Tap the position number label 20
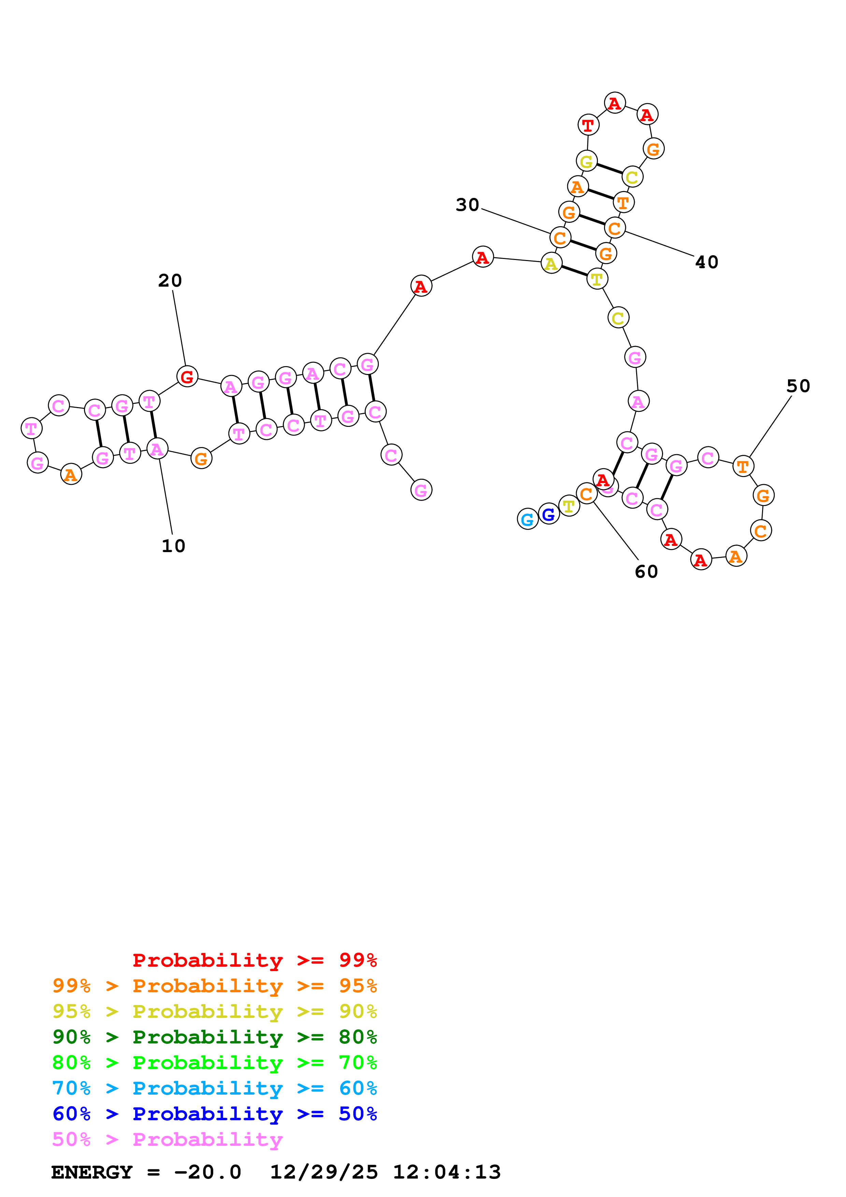170,280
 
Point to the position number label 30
467,205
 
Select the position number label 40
706,262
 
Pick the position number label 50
798,386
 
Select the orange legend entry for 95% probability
214,985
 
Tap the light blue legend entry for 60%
214,1088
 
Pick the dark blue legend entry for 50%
214,1114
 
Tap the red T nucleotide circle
588,125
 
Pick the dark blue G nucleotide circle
548,514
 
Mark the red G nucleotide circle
187,376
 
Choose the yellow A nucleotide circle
551,263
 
